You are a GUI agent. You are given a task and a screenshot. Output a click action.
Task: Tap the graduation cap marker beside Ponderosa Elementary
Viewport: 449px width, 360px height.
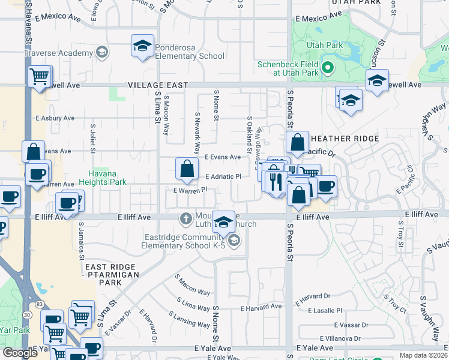tap(142, 46)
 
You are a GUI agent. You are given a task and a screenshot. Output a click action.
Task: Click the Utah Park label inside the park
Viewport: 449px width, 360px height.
tap(325, 45)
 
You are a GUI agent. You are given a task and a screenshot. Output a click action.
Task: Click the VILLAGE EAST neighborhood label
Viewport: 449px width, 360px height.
tap(157, 86)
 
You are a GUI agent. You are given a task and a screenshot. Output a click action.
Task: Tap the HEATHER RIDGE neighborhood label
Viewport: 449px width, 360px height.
tap(345, 139)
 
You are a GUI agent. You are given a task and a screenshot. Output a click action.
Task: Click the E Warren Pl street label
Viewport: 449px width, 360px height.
tap(190, 190)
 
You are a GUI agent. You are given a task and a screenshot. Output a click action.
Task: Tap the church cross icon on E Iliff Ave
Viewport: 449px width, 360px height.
tap(186, 220)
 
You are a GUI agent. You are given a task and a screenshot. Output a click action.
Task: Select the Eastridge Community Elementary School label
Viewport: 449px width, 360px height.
tap(183, 241)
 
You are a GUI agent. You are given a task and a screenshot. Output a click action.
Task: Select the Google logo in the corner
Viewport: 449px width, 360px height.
tap(20, 352)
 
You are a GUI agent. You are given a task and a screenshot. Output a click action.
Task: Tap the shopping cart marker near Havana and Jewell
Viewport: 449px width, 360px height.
tap(39, 77)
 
